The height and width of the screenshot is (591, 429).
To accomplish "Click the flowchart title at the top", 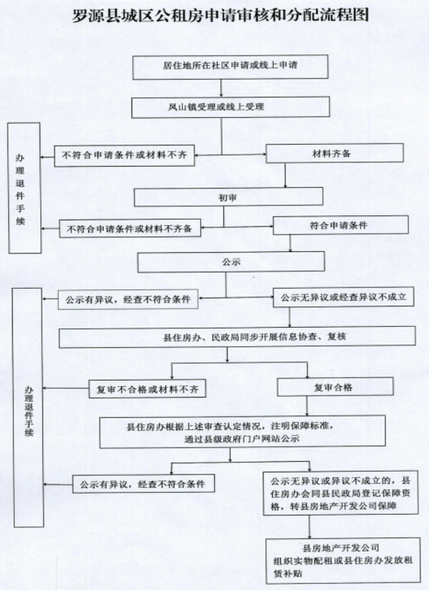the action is point(221,16).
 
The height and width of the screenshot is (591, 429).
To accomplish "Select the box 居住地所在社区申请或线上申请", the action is point(230,66).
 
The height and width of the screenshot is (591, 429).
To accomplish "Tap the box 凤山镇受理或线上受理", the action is point(230,107).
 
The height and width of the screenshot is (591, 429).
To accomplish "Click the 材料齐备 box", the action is point(334,153).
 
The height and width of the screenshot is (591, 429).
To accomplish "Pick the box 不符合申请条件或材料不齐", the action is point(124,155).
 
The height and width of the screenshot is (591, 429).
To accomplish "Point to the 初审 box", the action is point(228,197).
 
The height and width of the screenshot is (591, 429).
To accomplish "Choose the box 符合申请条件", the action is point(341,225).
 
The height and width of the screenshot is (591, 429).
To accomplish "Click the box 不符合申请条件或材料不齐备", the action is point(129,228).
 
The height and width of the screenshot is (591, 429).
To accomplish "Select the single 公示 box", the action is point(231,262).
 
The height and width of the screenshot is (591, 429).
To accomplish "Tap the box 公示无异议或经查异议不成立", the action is point(343,297).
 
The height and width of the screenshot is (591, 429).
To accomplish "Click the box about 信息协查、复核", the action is point(237,337).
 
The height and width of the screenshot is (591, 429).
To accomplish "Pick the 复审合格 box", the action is point(336,387).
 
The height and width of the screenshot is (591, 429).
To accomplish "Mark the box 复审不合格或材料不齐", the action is point(147,388).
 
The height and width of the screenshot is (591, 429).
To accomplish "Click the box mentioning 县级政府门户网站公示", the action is point(242,431).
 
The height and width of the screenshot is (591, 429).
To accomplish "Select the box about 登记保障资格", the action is point(341,493).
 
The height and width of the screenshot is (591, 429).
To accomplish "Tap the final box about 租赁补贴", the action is point(343,561).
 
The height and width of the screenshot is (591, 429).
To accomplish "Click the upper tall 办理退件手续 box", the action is point(25,188).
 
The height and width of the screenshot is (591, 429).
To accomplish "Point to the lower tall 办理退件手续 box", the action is point(28,407).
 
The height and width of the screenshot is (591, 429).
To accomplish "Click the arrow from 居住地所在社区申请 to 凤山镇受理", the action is point(221,88).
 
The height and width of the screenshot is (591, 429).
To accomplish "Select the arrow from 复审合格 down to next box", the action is point(307,406).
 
